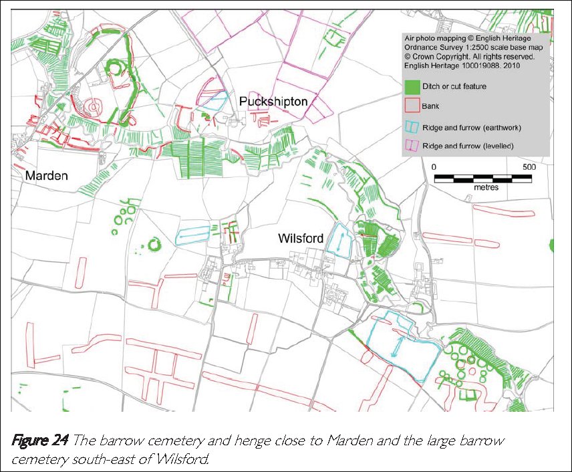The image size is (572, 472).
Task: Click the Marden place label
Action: point(47,176)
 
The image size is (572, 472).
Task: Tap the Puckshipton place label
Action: point(273,102)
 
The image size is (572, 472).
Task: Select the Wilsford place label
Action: point(301,239)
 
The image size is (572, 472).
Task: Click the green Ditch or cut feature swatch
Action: point(412,86)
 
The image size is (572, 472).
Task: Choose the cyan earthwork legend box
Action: point(412,126)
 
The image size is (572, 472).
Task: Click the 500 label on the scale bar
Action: point(528,166)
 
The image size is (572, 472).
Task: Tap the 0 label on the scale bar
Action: point(434,166)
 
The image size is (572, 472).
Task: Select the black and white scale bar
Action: point(483,178)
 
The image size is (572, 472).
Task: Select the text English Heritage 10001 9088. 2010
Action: point(462,66)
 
